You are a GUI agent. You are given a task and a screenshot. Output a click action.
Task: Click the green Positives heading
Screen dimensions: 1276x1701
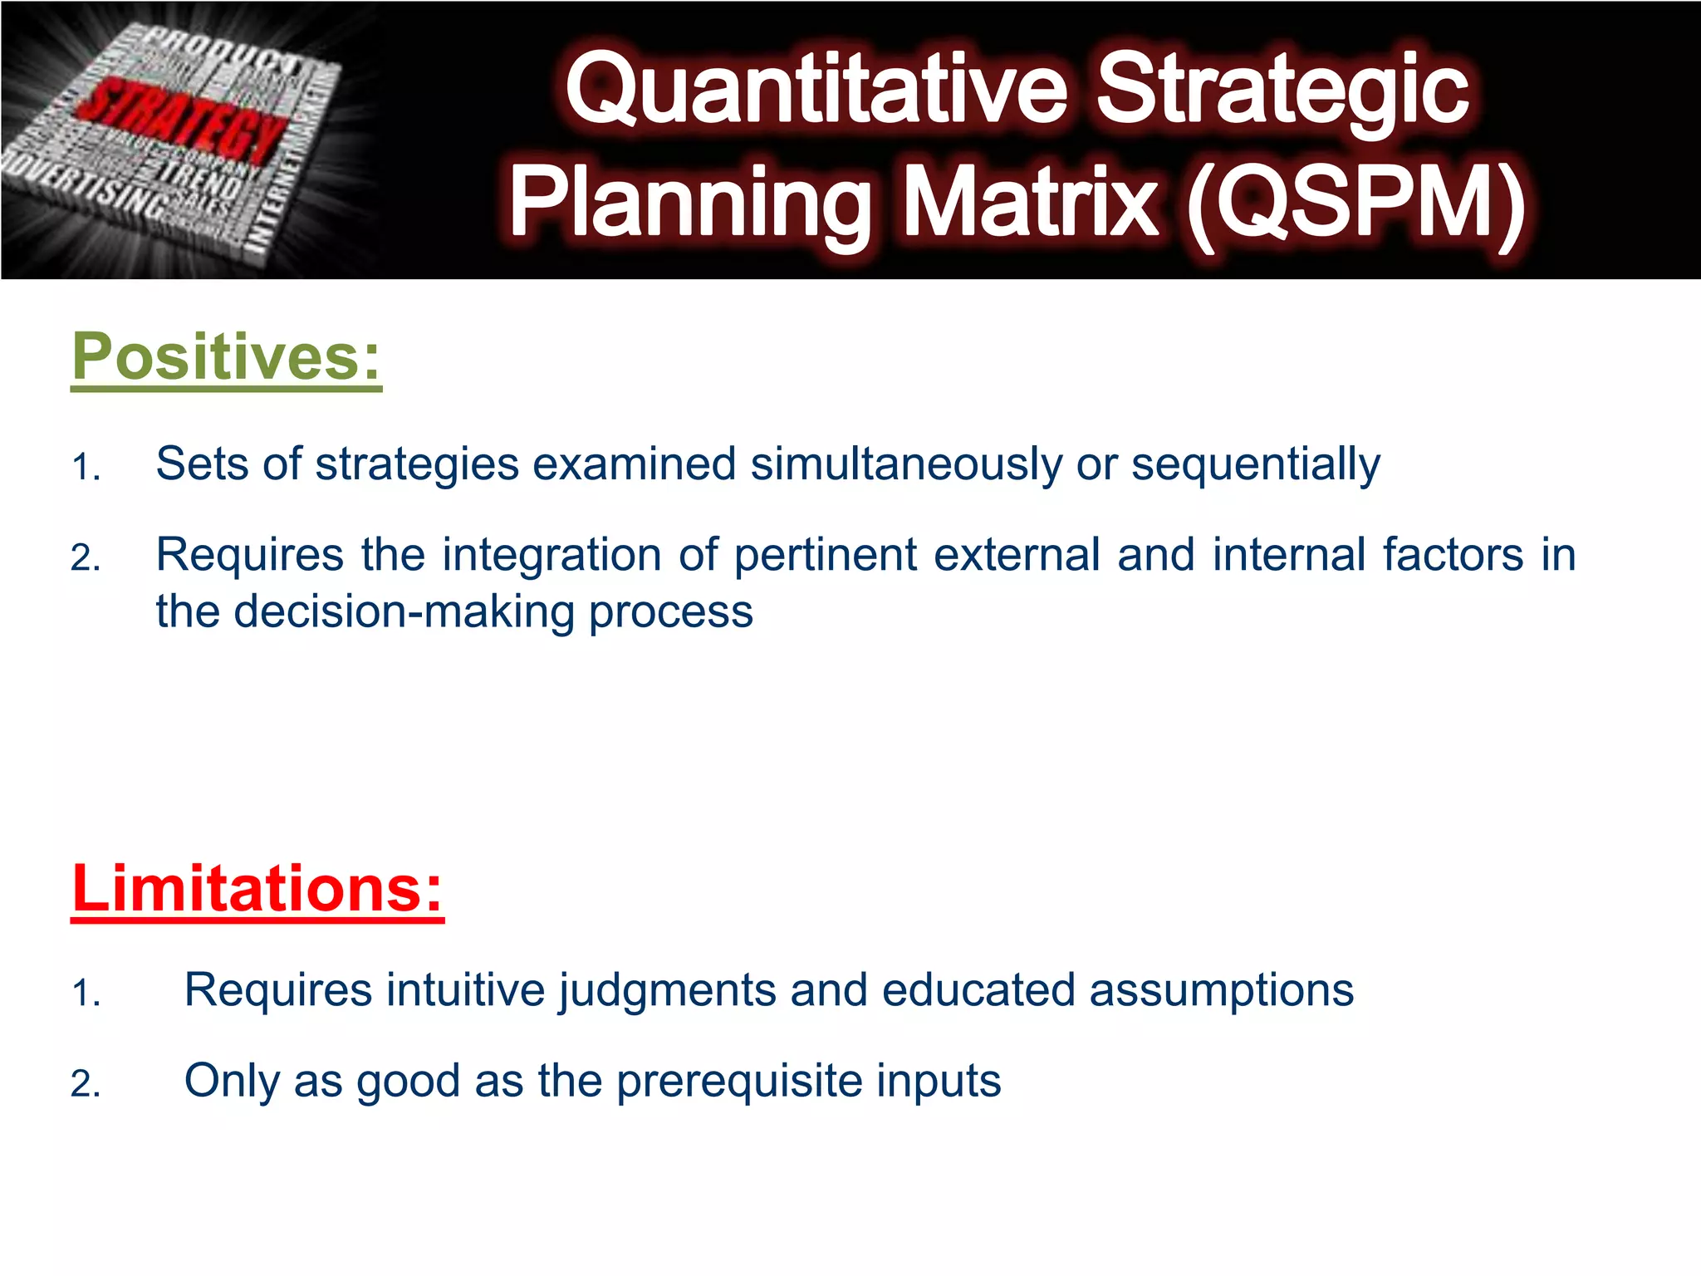(226, 356)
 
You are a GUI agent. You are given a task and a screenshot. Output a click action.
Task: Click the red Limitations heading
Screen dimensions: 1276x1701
(257, 888)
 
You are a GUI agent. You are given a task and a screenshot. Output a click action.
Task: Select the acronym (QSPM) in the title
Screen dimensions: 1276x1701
(1355, 204)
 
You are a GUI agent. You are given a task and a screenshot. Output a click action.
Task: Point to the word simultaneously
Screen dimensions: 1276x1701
(906, 464)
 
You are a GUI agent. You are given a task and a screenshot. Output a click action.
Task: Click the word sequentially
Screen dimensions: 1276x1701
(1256, 464)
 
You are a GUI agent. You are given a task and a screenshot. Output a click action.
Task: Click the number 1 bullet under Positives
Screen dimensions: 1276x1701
(85, 468)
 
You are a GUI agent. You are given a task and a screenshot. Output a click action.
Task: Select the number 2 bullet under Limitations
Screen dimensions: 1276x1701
(85, 1085)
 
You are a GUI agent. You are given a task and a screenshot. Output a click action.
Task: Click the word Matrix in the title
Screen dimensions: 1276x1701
(1029, 204)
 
